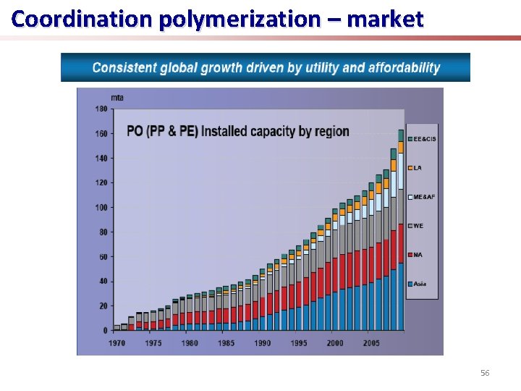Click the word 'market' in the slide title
tap(385, 19)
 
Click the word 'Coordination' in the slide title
tap(62, 19)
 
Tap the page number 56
tap(485, 373)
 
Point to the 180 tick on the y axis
tap(101, 109)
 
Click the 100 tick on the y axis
tap(101, 208)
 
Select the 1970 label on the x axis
tap(116, 343)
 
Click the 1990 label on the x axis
tap(263, 343)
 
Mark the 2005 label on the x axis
tap(372, 343)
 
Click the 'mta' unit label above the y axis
tap(117, 97)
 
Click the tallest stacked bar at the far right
tap(401, 232)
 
